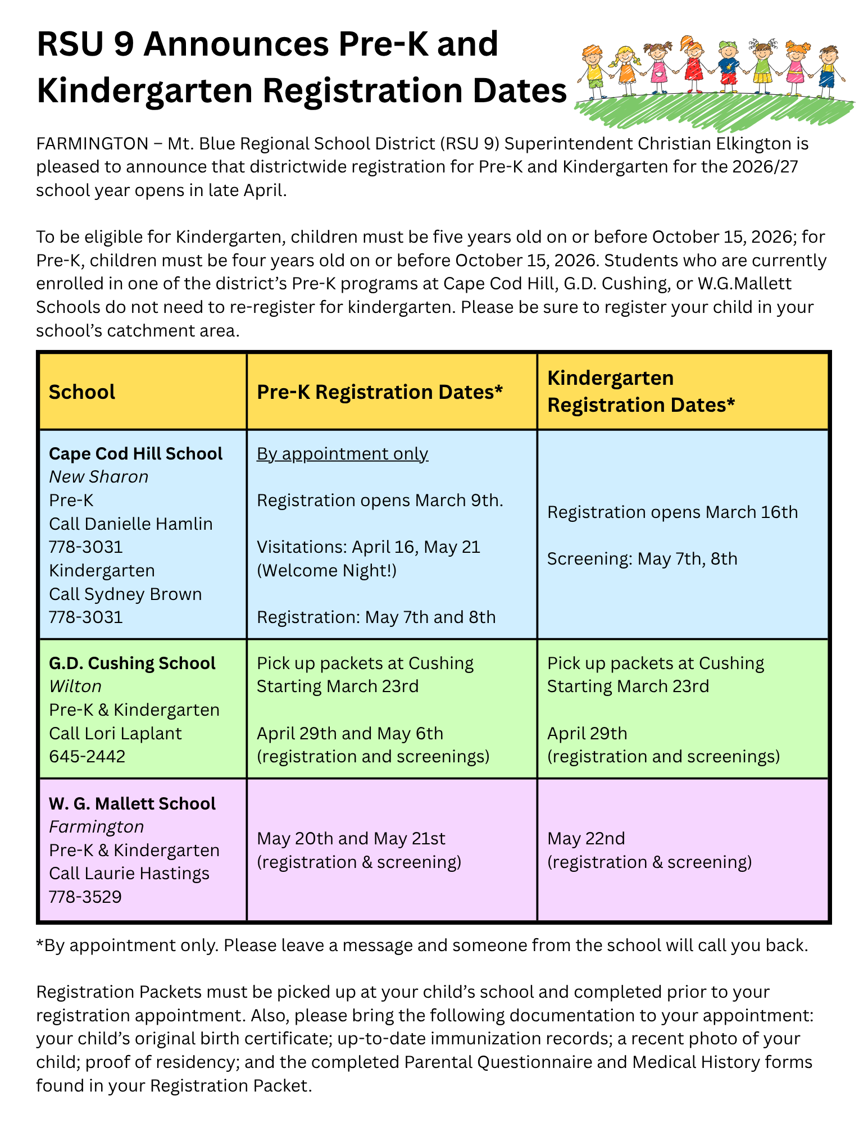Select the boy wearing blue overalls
click(x=827, y=73)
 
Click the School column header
click(x=82, y=392)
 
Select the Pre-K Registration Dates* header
click(x=379, y=392)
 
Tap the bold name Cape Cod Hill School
click(x=135, y=453)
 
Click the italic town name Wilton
click(x=75, y=686)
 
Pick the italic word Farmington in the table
click(x=96, y=827)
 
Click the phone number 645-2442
click(x=87, y=757)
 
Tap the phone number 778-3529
click(x=85, y=897)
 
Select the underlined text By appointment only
click(x=342, y=453)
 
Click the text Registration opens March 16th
click(x=672, y=512)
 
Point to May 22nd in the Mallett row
click(x=586, y=839)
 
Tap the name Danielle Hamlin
click(x=149, y=524)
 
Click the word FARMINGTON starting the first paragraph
click(x=92, y=144)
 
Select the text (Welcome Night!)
click(x=326, y=571)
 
